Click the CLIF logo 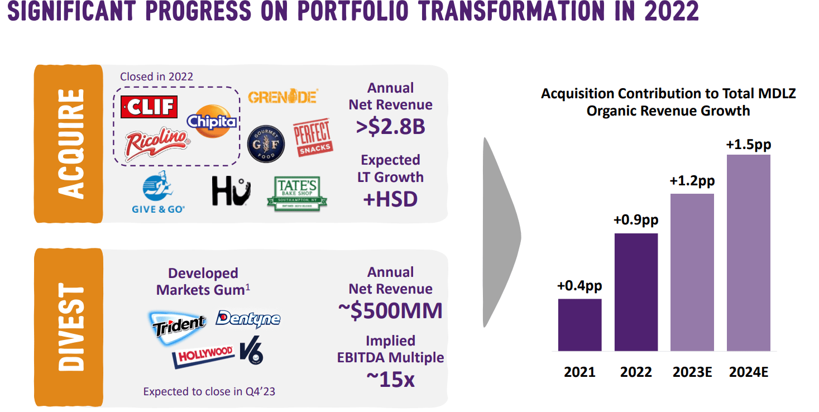(x=149, y=106)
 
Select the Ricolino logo (x=157, y=145)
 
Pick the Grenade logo (x=282, y=97)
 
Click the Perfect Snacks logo (x=313, y=137)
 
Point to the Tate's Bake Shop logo (x=297, y=193)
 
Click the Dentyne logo (x=248, y=319)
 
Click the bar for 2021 (x=579, y=325)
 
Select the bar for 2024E (x=748, y=252)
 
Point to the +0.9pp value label (x=636, y=220)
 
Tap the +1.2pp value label (x=692, y=181)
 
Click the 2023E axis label (x=692, y=372)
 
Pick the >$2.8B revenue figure (x=390, y=127)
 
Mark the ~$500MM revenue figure (x=390, y=311)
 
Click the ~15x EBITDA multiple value (x=390, y=379)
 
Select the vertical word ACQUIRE (x=69, y=143)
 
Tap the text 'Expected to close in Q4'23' (x=209, y=391)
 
